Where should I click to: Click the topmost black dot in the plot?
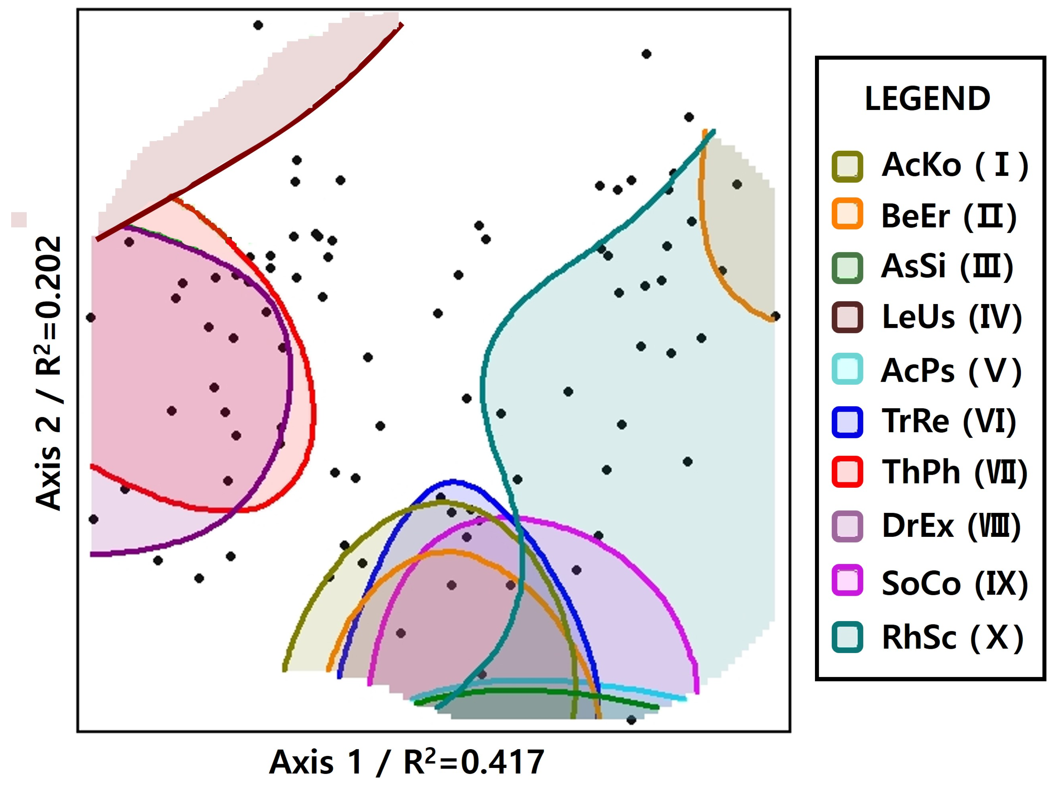(258, 25)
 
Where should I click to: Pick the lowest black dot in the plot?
(631, 720)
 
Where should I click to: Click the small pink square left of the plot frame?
(19, 220)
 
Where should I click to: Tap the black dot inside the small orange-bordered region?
(737, 184)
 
